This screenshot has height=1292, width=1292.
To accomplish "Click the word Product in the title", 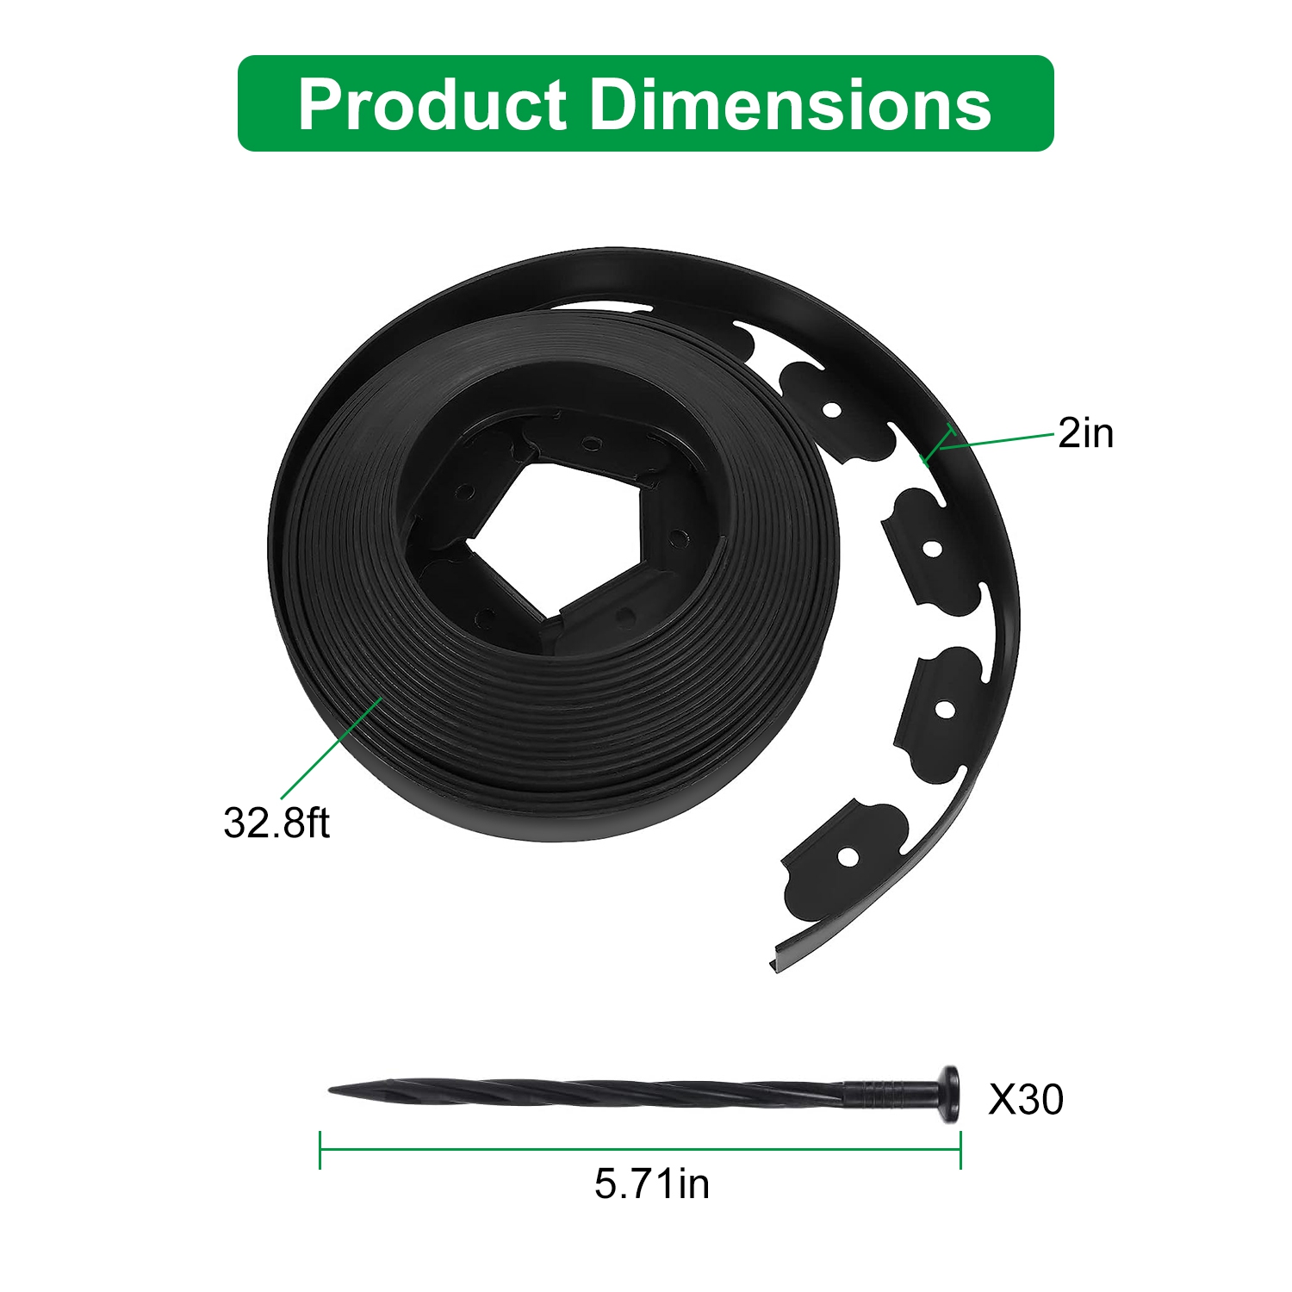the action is (x=432, y=104).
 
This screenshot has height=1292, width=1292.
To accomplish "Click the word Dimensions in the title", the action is (x=791, y=104).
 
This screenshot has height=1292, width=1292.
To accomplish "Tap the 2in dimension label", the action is (x=1085, y=432).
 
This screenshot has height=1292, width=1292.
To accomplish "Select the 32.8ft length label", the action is (x=276, y=823).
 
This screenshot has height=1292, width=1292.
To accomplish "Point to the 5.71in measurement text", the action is (x=652, y=1183).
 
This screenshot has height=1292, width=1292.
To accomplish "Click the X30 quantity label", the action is (x=1026, y=1099).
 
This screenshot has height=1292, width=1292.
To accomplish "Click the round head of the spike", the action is (x=950, y=1094).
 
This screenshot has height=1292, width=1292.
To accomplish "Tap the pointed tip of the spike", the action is (x=331, y=1091).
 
